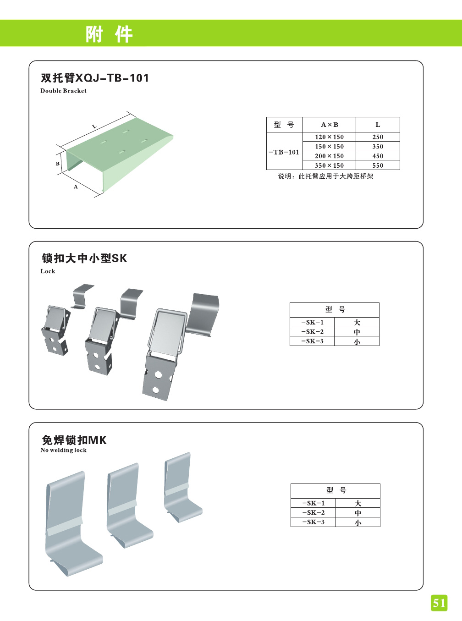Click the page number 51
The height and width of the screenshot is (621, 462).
439,603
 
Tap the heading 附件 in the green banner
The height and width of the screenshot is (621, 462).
109,34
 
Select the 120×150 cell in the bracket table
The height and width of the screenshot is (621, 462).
329,137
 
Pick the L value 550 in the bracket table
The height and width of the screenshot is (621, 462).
378,165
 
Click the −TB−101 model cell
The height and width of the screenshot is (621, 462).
284,152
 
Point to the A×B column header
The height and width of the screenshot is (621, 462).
330,125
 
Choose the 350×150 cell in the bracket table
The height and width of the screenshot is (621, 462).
329,165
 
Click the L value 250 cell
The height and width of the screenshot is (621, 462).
378,137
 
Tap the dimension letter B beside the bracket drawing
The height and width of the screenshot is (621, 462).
57,164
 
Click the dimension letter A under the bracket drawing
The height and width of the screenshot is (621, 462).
76,187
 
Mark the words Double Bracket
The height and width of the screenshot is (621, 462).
63,91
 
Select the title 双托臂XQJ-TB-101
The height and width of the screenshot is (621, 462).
94,77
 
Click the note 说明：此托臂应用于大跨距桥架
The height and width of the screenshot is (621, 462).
325,176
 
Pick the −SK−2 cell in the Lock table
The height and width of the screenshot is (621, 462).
313,332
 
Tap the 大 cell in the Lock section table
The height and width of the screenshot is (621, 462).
357,322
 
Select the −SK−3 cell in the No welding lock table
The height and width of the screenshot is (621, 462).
313,522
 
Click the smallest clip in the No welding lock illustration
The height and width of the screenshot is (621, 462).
182,487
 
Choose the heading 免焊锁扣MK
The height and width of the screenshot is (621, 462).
74,440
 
